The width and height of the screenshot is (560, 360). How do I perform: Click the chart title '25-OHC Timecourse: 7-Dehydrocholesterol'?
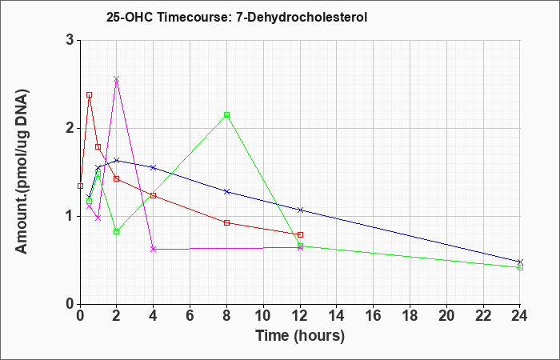point(237,17)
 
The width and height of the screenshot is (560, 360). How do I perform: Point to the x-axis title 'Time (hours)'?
point(300,336)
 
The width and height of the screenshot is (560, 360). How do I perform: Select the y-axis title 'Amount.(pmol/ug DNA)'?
point(22,172)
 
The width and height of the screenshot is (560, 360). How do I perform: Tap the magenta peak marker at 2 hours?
point(117,79)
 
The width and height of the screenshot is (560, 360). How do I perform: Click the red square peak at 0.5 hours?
point(90,95)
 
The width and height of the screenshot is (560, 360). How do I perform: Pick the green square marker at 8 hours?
point(226,115)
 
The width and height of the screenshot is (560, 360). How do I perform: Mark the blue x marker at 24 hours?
point(520,262)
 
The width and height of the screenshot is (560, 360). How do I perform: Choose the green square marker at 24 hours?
point(520,267)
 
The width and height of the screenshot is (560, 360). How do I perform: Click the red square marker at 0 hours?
point(80,186)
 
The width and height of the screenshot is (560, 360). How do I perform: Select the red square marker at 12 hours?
point(300,234)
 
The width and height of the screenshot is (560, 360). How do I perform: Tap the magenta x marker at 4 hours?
point(154,249)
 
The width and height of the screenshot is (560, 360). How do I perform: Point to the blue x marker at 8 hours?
point(226,192)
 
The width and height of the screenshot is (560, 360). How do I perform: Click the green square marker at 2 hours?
point(117,232)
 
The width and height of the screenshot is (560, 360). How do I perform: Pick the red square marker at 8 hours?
point(226,223)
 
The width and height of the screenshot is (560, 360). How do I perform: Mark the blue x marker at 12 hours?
point(300,210)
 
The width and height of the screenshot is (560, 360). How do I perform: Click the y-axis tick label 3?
point(70,40)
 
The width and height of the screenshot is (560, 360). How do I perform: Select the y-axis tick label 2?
point(70,128)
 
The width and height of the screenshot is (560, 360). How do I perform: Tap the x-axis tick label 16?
point(374,316)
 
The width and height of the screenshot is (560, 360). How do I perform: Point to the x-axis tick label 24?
point(520,316)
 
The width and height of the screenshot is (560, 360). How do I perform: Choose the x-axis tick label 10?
point(263,316)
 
